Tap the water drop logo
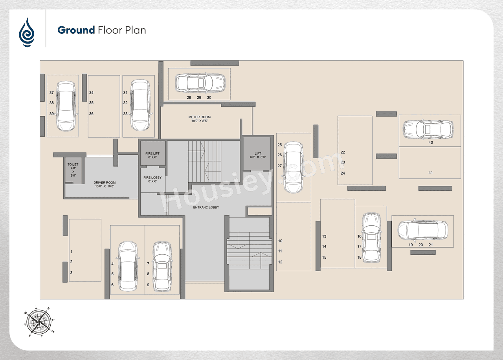pos(27,32)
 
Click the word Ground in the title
pos(76,30)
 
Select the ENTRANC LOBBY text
pos(206,207)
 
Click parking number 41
pos(431,173)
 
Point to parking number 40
pos(431,143)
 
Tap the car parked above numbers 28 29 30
pos(200,82)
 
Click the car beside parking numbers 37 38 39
pos(66,106)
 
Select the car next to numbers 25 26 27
pos(293,168)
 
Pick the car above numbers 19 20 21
pos(422,230)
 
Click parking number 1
pos(72,251)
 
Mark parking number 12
pos(280,262)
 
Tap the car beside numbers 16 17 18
pos(371,238)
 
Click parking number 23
pos(343,162)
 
